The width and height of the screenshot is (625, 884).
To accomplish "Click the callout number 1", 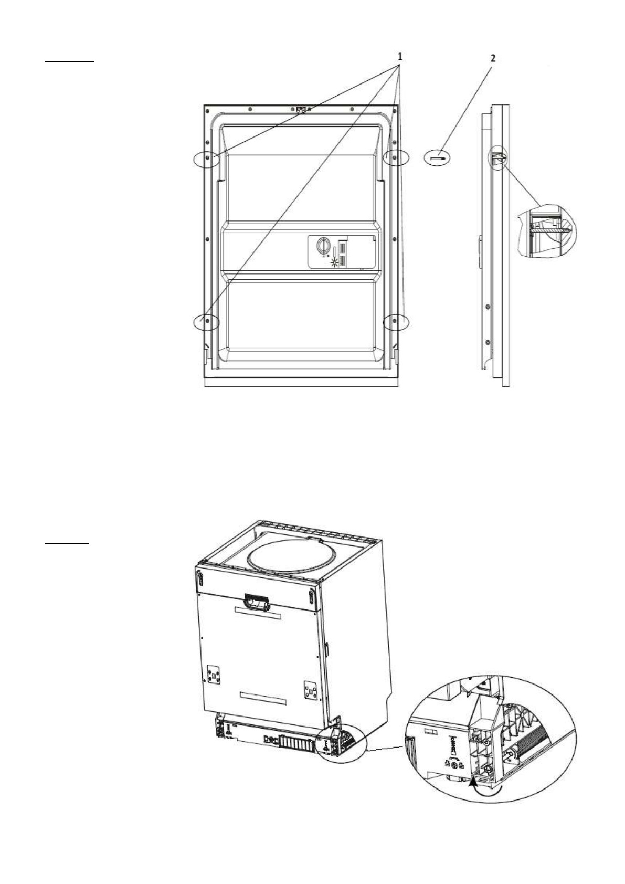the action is point(400,56).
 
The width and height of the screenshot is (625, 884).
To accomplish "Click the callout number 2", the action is point(492,58).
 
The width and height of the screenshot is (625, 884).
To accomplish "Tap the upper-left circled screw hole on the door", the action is point(208,157).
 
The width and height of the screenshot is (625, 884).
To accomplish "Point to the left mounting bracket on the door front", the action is point(214,675).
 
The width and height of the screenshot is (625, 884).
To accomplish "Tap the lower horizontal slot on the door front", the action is point(263,699).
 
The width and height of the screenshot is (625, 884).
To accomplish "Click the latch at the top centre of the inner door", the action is point(302,109).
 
